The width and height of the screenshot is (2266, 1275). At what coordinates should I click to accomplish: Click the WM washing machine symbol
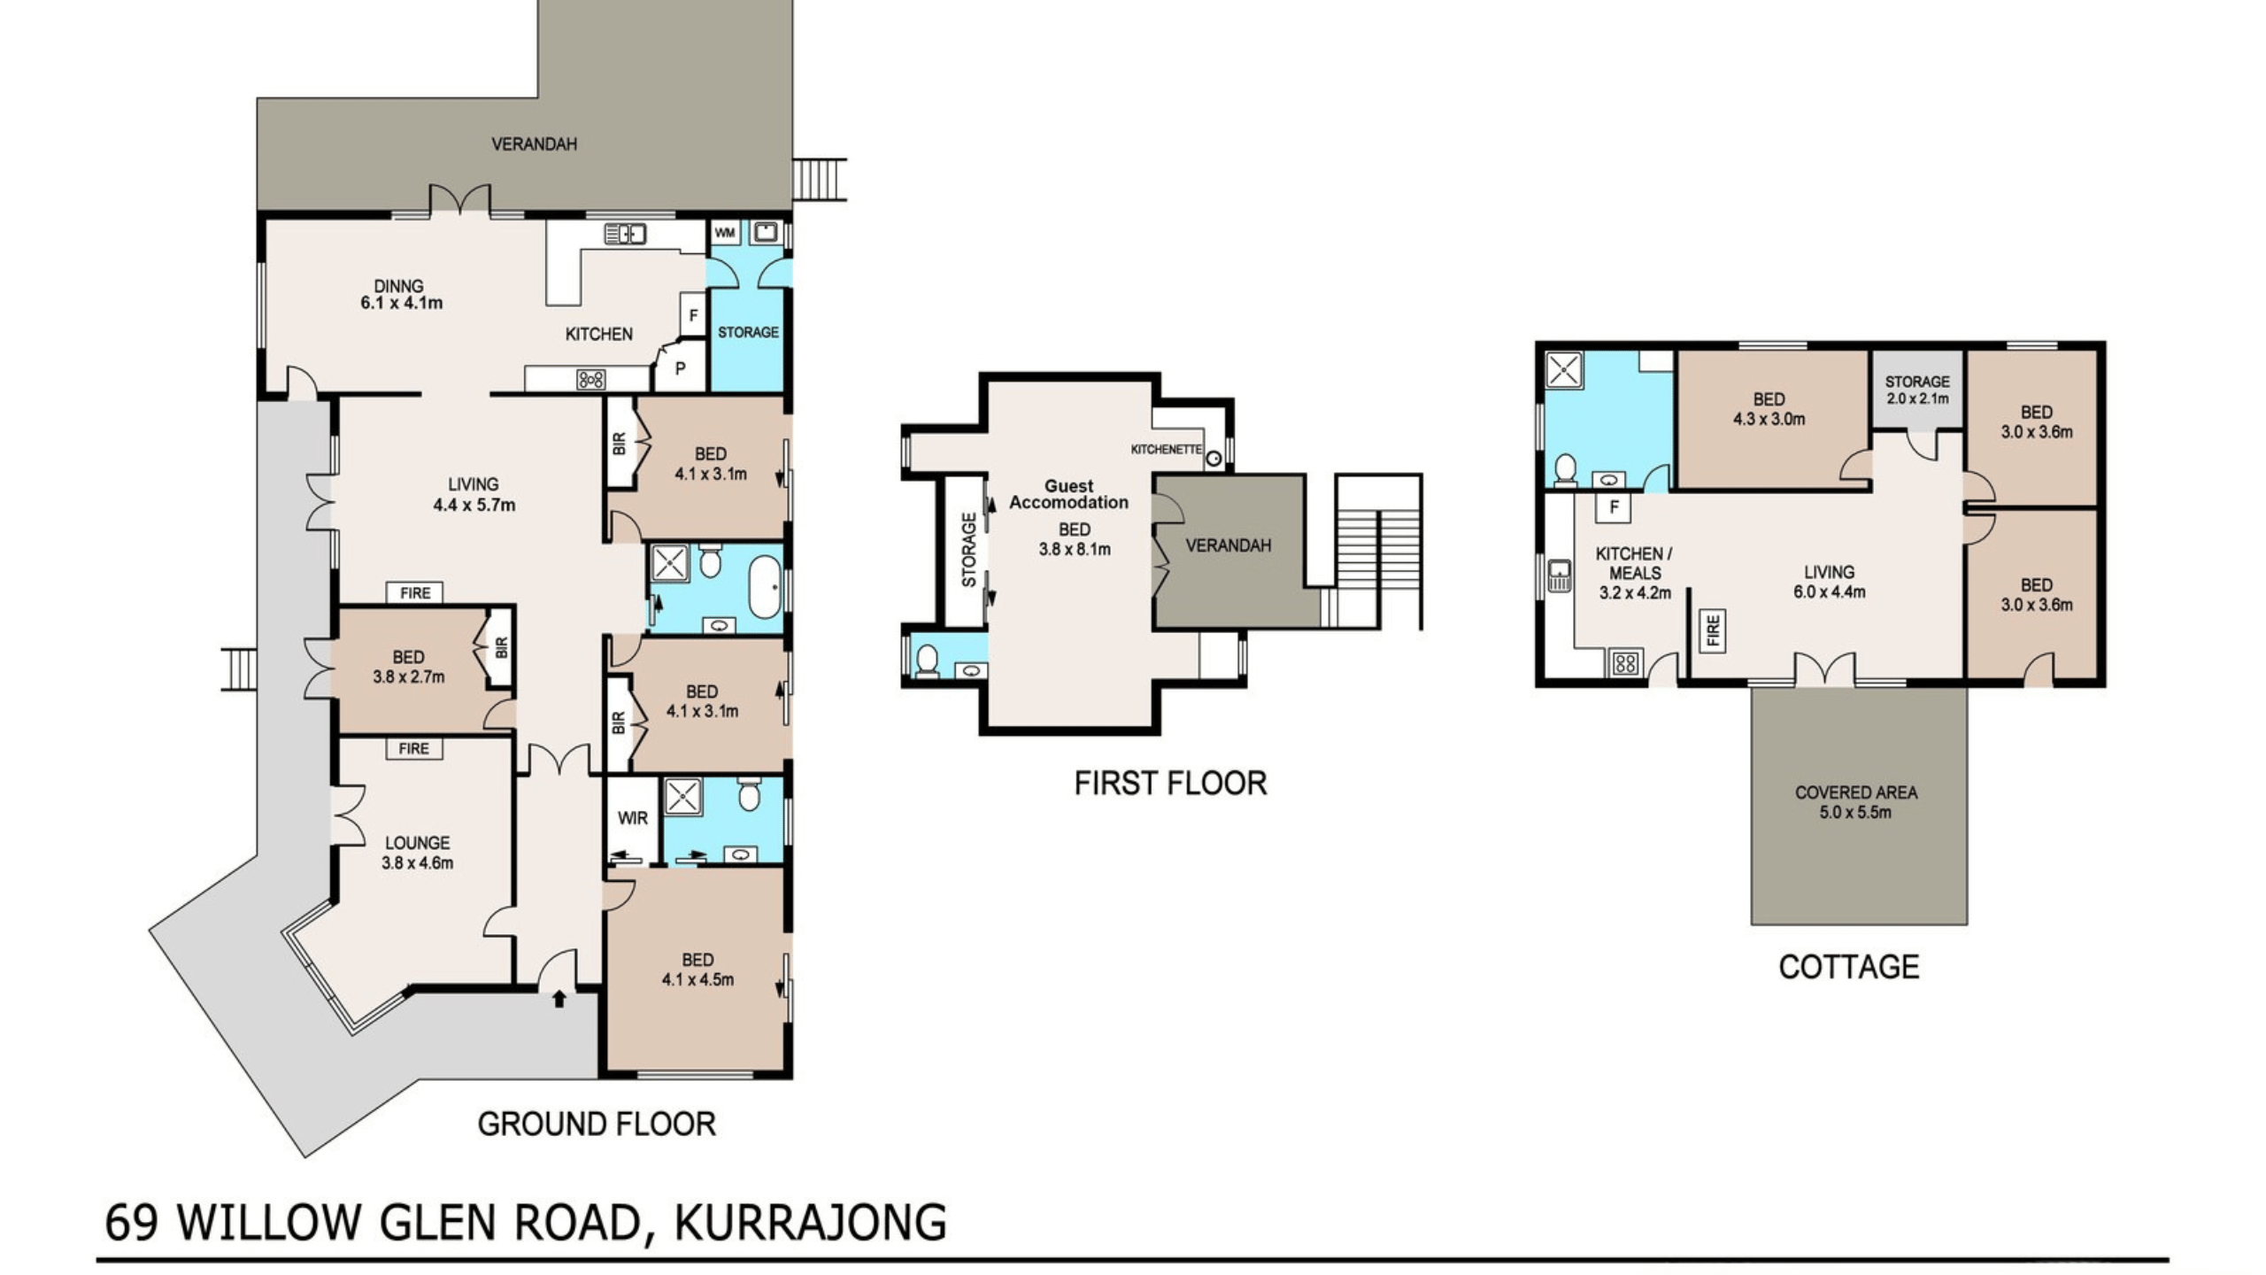725,233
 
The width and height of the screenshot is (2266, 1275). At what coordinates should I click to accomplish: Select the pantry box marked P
681,368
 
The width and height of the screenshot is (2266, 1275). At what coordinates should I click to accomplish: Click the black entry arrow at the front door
559,999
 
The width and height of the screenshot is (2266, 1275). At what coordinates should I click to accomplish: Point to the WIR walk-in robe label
633,818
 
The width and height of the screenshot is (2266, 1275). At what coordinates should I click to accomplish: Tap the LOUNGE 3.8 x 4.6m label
417,853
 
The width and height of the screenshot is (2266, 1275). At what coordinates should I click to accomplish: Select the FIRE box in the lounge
414,749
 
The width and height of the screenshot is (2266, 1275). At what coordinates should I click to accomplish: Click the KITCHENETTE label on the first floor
1166,450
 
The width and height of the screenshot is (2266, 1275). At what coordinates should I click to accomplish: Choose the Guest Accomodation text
1069,494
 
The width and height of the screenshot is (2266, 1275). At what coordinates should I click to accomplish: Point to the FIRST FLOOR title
1170,784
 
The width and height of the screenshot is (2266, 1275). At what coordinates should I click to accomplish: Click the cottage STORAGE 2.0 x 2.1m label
1917,390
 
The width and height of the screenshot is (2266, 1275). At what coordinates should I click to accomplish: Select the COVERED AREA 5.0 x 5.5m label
1856,802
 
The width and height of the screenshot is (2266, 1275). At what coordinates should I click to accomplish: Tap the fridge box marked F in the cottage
1614,507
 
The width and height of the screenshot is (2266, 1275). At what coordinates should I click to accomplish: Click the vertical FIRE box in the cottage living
1712,630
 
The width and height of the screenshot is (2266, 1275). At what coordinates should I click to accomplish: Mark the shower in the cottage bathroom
1563,370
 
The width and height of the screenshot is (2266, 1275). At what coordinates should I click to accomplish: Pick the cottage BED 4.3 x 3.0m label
1769,409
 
